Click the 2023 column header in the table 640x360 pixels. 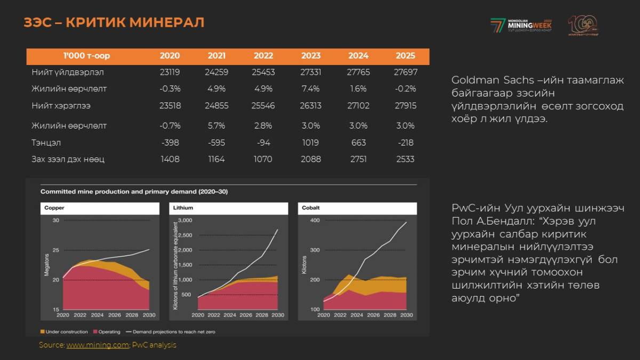(x=311, y=55)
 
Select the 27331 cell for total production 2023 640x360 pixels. (x=311, y=72)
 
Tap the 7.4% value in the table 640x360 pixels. (x=311, y=89)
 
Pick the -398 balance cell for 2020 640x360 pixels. (x=170, y=142)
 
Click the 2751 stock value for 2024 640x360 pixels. (x=358, y=159)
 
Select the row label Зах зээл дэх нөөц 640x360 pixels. (x=68, y=159)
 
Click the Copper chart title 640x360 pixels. (x=54, y=208)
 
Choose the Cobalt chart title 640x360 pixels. (x=311, y=208)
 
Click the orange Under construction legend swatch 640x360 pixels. (x=43, y=332)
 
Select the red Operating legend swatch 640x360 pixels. (x=95, y=332)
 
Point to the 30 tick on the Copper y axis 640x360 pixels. (x=56, y=220)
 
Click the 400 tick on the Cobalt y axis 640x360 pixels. (x=315, y=220)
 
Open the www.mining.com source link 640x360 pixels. (x=98, y=345)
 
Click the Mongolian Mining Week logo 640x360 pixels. (x=521, y=25)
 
